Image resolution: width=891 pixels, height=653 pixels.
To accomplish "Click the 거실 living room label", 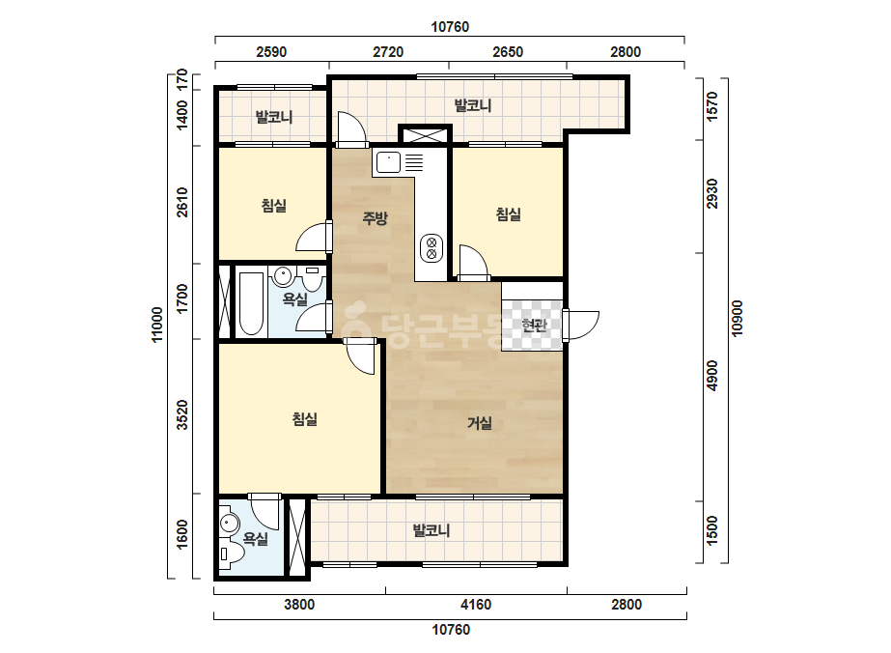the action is [480, 423].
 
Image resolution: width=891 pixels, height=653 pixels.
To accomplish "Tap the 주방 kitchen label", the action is [376, 217].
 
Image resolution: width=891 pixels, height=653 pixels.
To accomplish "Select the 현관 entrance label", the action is [534, 325].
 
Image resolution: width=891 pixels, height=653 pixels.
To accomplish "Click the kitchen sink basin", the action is [387, 162].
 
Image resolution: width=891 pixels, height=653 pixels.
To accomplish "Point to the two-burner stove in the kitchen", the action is [432, 248].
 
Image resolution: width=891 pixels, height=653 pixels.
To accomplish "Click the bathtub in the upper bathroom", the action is [251, 304].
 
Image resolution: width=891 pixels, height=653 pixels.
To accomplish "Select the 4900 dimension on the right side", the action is [712, 376].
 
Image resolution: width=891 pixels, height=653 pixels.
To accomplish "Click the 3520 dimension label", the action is [181, 414].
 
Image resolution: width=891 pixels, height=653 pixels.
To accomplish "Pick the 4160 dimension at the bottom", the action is [476, 604].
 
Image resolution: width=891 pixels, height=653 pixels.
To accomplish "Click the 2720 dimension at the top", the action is [388, 52].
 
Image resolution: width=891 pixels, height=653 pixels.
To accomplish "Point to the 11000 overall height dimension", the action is [157, 325].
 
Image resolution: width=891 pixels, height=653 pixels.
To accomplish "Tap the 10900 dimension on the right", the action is [737, 319].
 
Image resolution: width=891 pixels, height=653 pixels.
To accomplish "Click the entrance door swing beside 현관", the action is [582, 325].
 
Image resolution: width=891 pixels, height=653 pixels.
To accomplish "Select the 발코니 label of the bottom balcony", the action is [432, 530].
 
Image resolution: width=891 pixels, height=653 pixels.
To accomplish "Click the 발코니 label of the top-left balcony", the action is [274, 117].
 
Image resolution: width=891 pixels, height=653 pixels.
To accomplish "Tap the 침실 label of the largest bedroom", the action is [305, 419].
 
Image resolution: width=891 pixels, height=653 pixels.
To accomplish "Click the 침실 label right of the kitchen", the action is [509, 214].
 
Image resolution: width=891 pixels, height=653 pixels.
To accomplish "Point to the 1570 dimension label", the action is [712, 106].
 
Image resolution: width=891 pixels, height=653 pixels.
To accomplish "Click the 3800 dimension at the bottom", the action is [299, 604].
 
